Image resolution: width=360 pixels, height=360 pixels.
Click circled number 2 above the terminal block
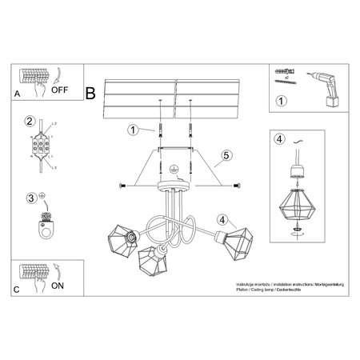(x=29, y=122)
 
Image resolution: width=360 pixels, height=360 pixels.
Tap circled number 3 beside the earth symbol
(x=31, y=198)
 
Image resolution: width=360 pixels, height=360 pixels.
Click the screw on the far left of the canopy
(x=123, y=186)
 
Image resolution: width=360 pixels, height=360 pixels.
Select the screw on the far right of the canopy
(x=236, y=186)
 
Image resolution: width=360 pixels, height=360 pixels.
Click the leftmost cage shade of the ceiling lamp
(x=122, y=238)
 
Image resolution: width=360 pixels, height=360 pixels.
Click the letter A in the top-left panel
(x=18, y=94)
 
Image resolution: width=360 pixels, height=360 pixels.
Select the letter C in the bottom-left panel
(x=18, y=289)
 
